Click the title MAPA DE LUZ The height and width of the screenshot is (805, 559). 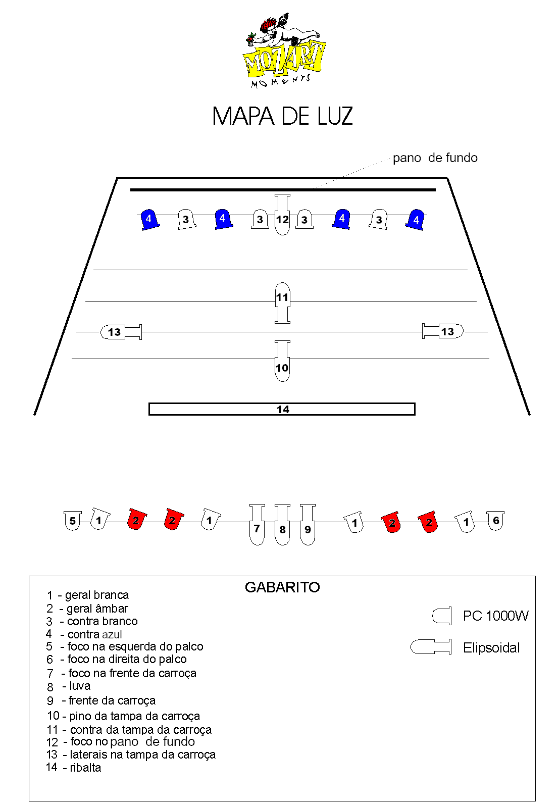click(282, 116)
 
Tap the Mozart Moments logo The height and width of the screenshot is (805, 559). click(283, 51)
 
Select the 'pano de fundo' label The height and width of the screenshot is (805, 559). click(435, 158)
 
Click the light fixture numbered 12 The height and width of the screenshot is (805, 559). click(282, 215)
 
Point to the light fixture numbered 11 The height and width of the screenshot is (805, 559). click(282, 303)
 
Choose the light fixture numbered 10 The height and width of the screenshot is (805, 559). click(282, 361)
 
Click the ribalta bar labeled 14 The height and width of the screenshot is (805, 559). click(282, 409)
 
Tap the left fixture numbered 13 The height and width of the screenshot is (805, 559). click(121, 332)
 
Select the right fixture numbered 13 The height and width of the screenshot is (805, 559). click(442, 331)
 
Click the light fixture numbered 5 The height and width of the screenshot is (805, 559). click(73, 520)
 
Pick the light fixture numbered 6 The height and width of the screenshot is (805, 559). click(495, 520)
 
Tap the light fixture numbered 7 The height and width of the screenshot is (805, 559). click(257, 524)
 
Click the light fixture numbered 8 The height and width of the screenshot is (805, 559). click(282, 524)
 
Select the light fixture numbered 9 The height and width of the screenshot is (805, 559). click(308, 524)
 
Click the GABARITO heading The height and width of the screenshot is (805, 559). click(282, 587)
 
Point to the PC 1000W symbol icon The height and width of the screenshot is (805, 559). click(442, 616)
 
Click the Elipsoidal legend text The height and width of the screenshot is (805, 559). click(491, 647)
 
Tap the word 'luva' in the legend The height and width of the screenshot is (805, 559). click(80, 686)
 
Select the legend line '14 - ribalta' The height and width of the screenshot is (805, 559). click(73, 767)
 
